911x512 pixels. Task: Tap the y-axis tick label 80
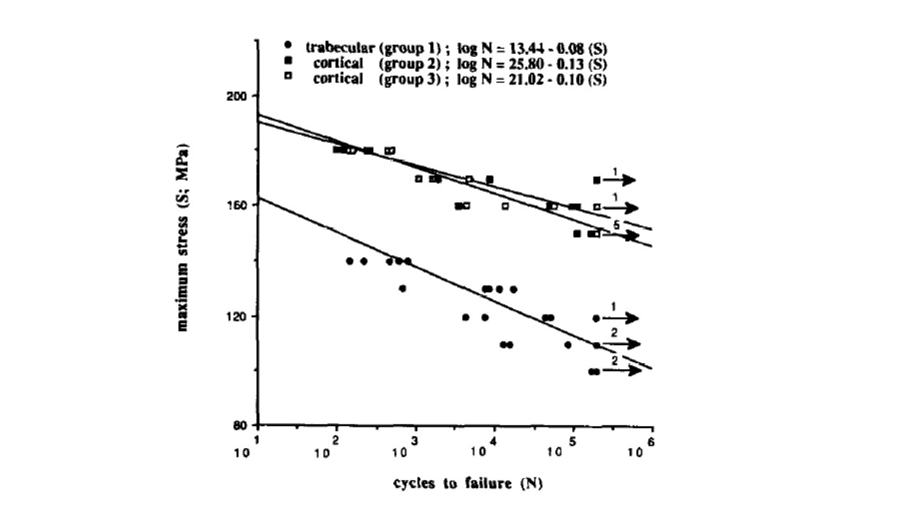pyautogui.click(x=243, y=426)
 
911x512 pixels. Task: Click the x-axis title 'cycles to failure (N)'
pyautogui.click(x=469, y=484)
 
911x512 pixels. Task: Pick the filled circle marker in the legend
pyautogui.click(x=287, y=44)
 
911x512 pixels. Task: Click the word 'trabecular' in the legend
pyautogui.click(x=340, y=48)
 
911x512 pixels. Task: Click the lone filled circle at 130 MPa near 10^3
pyautogui.click(x=403, y=289)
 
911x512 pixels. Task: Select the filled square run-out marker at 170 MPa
pyautogui.click(x=596, y=181)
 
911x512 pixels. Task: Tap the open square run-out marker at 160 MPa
pyautogui.click(x=597, y=208)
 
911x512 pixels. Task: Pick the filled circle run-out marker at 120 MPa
pyautogui.click(x=596, y=318)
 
